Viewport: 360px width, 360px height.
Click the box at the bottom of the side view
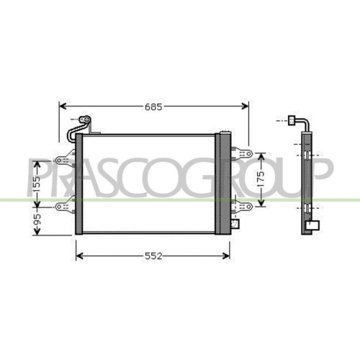click(312, 224)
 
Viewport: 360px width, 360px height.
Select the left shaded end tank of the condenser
click(80, 183)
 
